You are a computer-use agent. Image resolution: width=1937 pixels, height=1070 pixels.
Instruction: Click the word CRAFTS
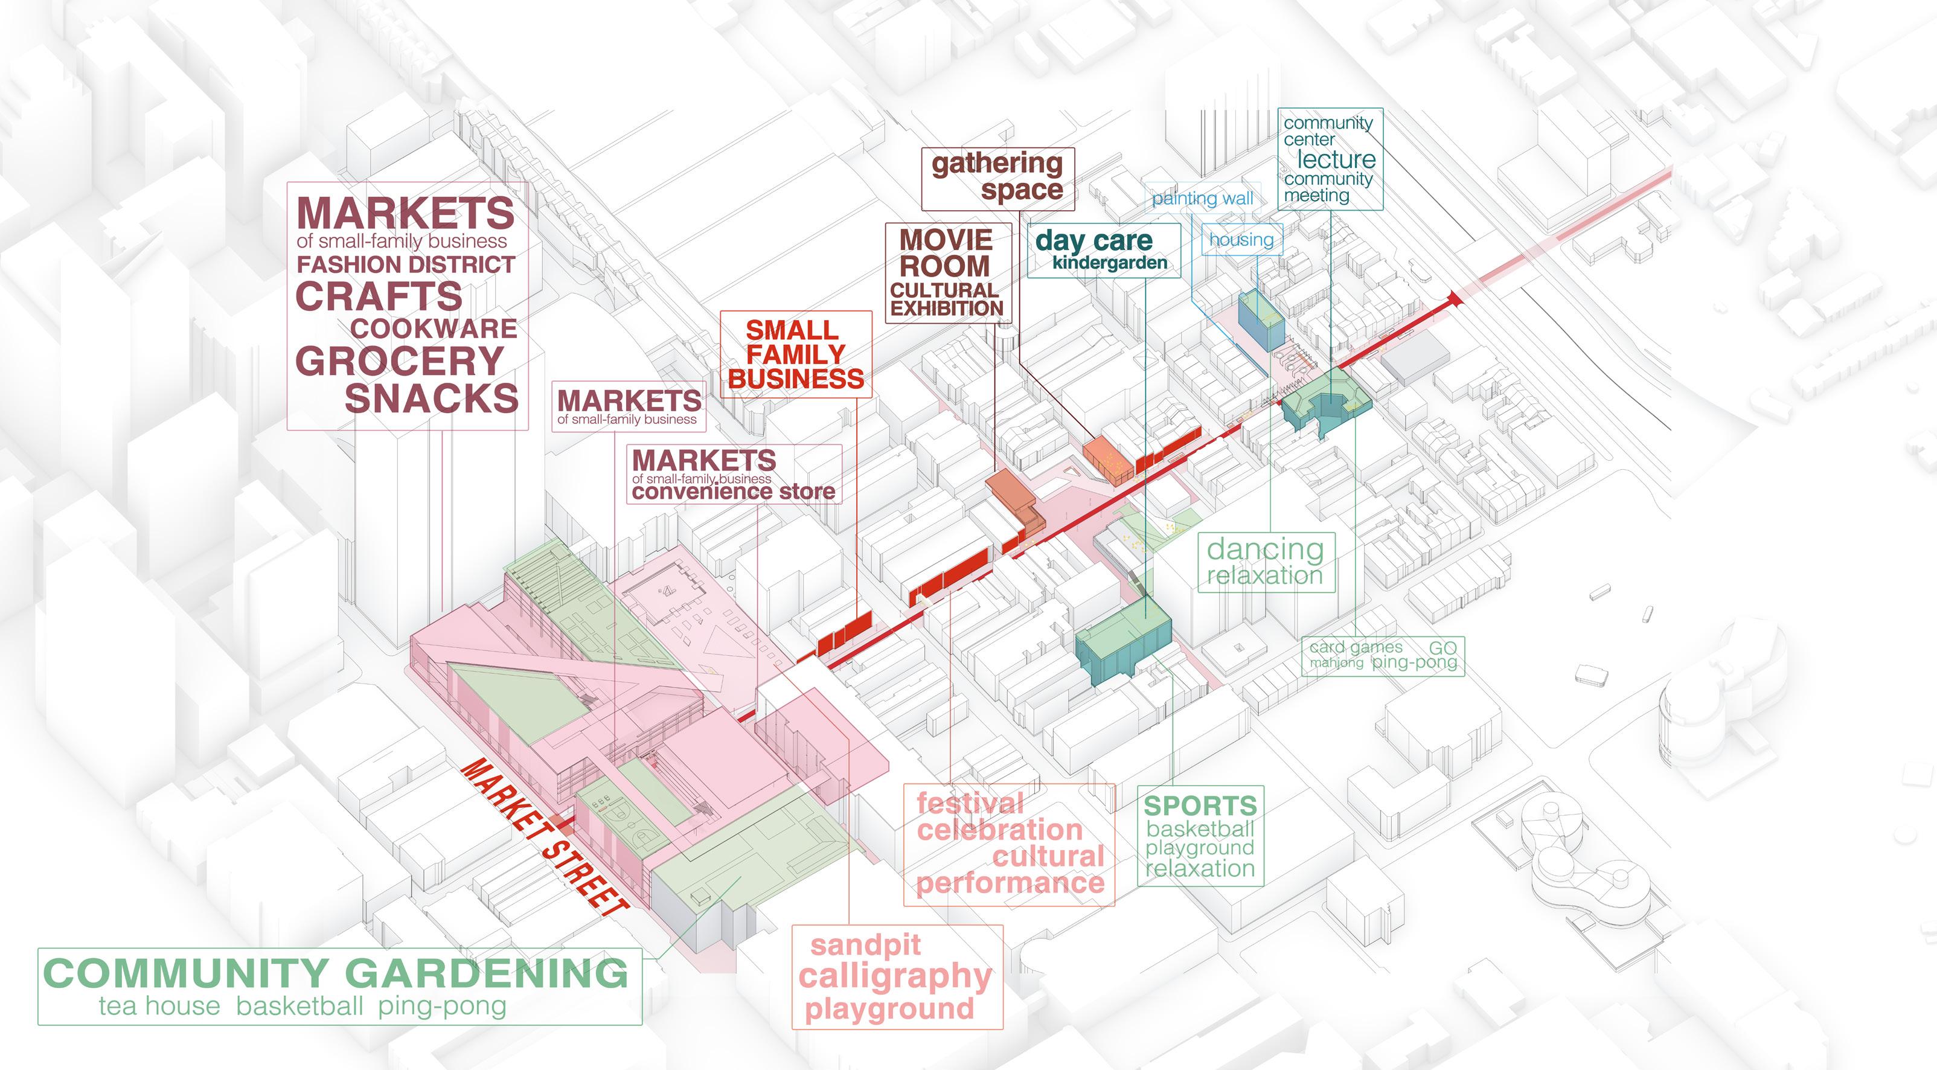[379, 296]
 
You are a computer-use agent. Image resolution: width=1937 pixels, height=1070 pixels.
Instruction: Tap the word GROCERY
[399, 362]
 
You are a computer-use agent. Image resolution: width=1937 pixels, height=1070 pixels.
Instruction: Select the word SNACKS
[432, 399]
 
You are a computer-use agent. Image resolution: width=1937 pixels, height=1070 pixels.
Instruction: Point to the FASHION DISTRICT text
[406, 264]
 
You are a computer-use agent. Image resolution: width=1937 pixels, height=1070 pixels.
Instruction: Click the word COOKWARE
[434, 328]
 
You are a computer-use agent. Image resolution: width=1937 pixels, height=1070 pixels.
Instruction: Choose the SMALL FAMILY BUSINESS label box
[796, 354]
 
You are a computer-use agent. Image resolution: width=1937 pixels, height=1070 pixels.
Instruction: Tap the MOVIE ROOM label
[946, 254]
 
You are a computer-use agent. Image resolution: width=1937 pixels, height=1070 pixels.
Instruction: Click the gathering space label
[998, 177]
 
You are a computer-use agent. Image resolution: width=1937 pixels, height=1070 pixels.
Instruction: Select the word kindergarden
[1109, 263]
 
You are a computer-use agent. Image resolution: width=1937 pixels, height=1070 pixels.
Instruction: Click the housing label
[1241, 240]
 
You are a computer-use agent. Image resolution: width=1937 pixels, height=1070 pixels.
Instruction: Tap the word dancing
[1265, 549]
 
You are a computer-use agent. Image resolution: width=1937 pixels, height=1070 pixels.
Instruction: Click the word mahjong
[1336, 663]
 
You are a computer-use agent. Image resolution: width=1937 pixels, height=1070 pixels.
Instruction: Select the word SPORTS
[1200, 806]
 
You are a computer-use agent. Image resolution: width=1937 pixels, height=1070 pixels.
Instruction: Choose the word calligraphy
[895, 977]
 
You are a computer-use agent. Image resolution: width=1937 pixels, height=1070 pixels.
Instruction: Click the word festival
[970, 804]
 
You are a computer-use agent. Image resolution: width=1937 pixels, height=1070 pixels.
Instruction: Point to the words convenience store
[733, 492]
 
